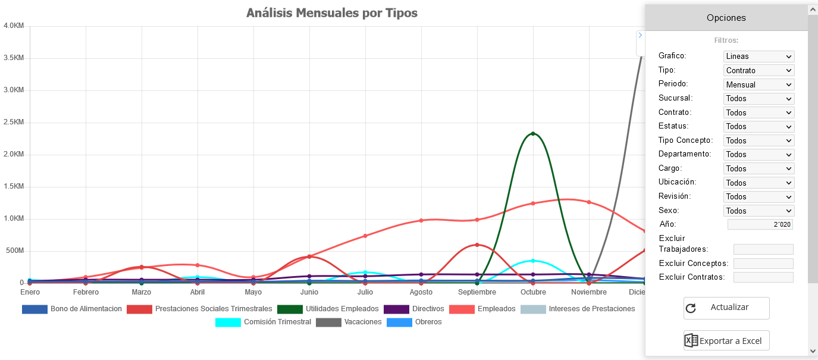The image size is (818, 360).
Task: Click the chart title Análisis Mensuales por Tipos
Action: point(331,13)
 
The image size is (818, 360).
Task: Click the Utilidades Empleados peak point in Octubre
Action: point(533,134)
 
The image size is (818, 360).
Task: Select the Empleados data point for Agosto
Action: point(421,220)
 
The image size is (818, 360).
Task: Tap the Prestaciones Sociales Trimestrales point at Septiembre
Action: point(477,245)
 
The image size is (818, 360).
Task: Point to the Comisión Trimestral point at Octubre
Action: point(533,261)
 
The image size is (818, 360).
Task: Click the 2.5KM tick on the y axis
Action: point(13,123)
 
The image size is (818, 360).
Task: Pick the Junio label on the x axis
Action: point(309,292)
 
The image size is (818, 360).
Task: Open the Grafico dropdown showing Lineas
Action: point(759,57)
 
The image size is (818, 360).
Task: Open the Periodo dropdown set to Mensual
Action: point(759,84)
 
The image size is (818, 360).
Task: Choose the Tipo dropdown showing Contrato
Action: point(759,70)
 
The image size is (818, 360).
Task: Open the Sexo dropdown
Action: point(759,211)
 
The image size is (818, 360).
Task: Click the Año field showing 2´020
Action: point(760,224)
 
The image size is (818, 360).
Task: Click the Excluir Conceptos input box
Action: point(763,263)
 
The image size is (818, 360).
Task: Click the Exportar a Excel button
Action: point(726,341)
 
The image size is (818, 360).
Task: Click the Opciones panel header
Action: point(726,18)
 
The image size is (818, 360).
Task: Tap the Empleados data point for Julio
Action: point(365,236)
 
